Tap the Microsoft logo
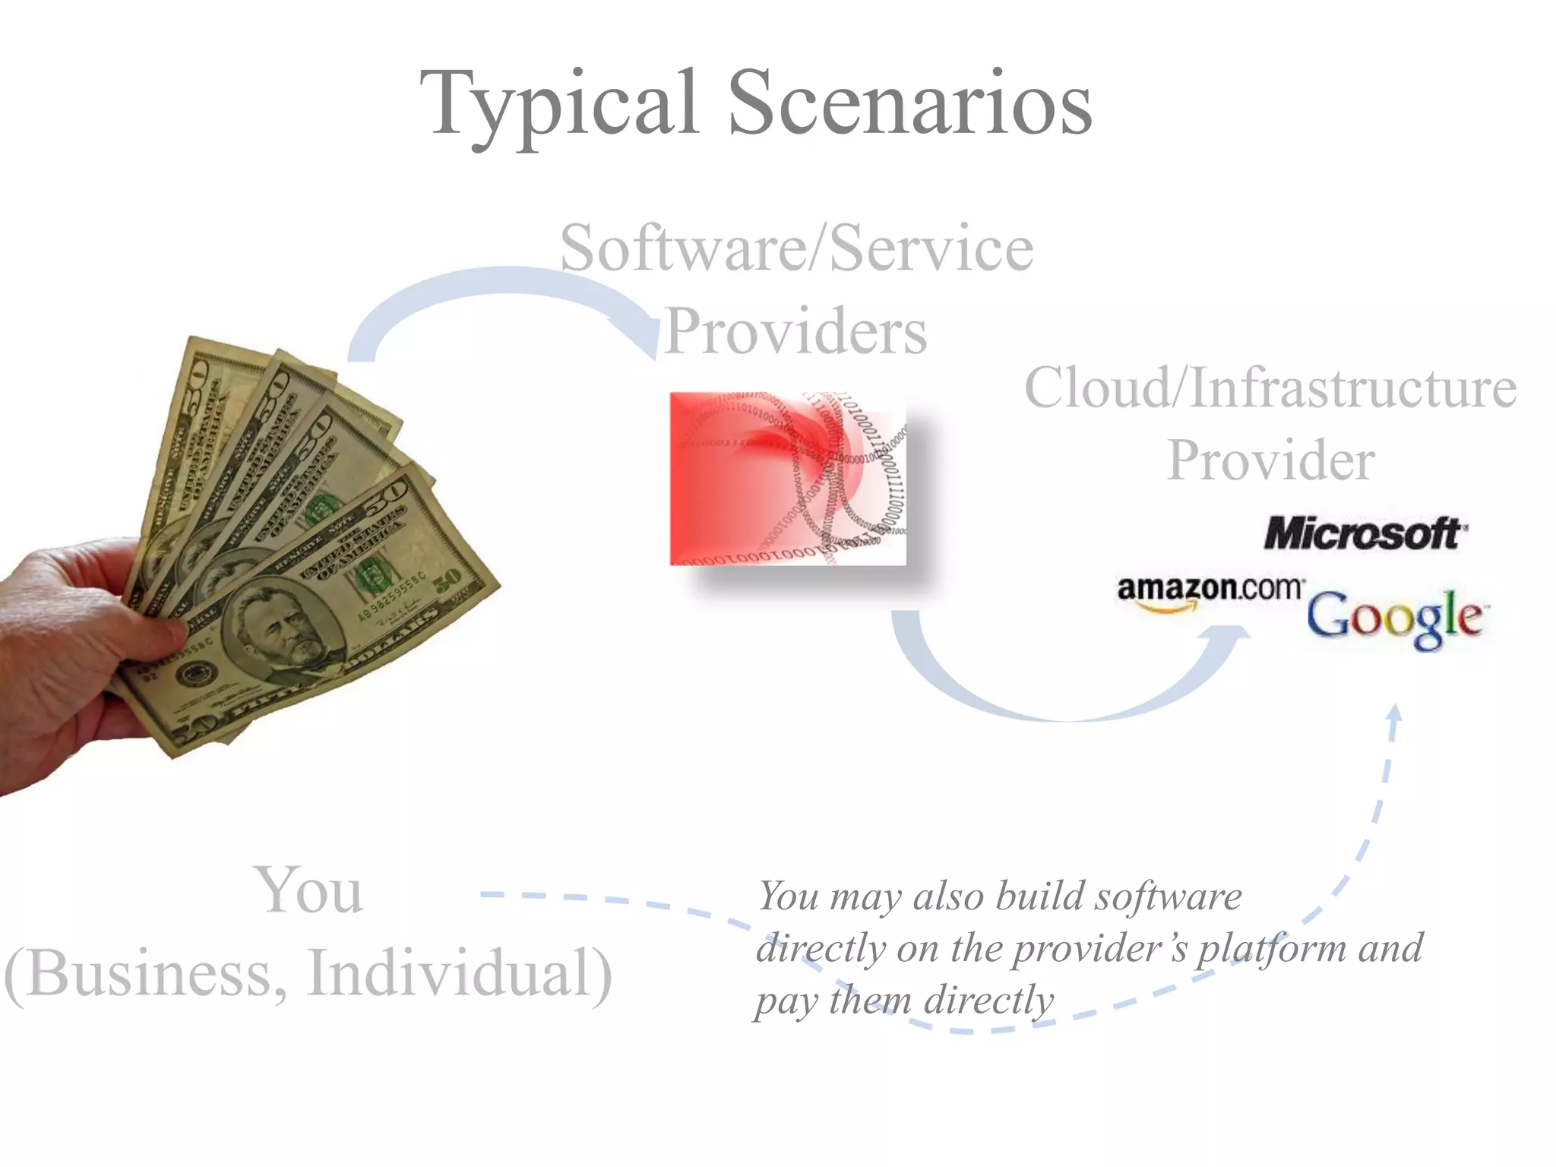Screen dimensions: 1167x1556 (x=1365, y=533)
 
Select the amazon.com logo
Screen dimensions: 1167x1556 (x=1210, y=590)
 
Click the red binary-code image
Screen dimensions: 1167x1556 (x=788, y=479)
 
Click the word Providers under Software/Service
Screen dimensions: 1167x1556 (x=795, y=331)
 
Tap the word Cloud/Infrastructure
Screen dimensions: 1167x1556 (x=1270, y=387)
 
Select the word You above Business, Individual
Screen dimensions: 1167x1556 (x=308, y=890)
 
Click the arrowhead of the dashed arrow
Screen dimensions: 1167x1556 (x=1394, y=714)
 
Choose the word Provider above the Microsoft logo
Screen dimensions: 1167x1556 (x=1270, y=460)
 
